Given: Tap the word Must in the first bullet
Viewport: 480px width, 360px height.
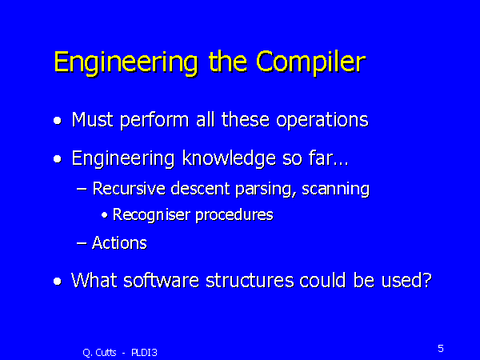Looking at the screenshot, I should [92, 120].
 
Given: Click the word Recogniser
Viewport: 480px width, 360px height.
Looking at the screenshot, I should [147, 215].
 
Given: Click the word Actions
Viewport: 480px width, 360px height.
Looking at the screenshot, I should [118, 242].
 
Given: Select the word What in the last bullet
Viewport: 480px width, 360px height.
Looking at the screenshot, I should [92, 281].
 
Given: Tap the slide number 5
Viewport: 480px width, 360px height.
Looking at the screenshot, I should [440, 348].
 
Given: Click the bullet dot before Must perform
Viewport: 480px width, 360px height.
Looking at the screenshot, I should [57, 122].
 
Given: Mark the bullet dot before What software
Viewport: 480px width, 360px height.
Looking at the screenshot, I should [57, 282].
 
